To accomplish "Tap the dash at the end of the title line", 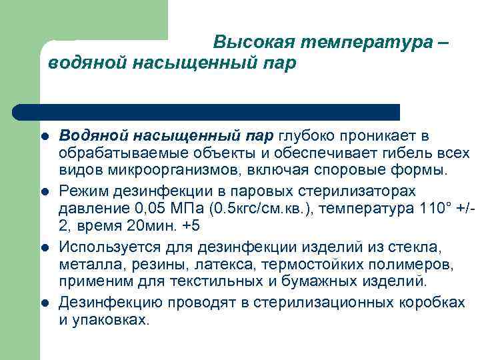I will (x=445, y=43).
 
